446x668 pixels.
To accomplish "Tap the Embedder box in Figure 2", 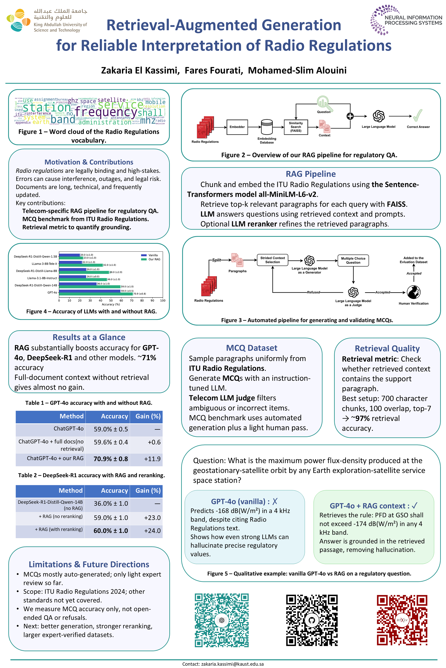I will click(x=237, y=127).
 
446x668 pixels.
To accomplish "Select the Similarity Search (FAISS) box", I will click(x=295, y=127).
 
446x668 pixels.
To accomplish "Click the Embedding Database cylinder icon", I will click(x=267, y=127).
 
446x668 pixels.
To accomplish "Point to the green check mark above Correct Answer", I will click(x=418, y=115).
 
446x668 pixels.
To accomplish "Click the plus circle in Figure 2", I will click(x=350, y=116).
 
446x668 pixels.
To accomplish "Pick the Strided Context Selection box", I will click(x=272, y=260).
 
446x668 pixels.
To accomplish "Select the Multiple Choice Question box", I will click(x=353, y=260).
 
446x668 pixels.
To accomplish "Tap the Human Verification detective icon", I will click(x=413, y=292).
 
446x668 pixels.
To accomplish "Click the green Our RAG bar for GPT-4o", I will click(x=95, y=294).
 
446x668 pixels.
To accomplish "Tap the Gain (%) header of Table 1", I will click(x=148, y=416).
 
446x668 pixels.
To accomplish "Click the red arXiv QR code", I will click(x=402, y=620).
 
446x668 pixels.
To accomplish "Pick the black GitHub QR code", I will click(x=312, y=620).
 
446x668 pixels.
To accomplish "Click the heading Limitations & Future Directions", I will click(x=89, y=564).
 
